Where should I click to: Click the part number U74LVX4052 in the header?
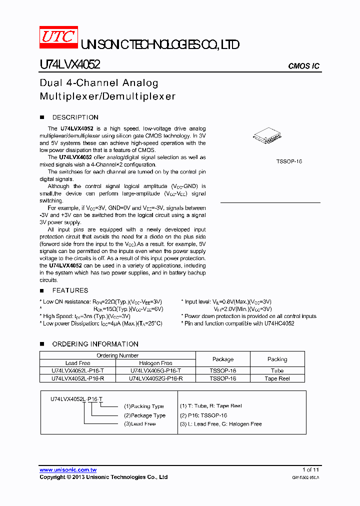tap(70, 64)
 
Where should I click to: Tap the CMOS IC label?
tap(303, 66)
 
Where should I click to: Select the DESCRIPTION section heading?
tap(75, 117)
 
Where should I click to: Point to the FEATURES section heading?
tap(70, 290)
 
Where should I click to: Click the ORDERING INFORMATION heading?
tap(95, 344)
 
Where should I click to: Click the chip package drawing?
tap(267, 136)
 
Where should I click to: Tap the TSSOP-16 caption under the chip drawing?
tap(289, 161)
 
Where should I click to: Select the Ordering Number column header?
tap(117, 355)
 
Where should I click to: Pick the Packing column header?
tap(277, 359)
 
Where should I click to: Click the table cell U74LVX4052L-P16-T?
tap(77, 371)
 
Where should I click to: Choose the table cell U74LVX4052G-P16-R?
tap(155, 378)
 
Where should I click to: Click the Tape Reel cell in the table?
tap(277, 378)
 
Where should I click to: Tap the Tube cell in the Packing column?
tap(277, 371)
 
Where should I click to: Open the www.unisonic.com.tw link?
tap(68, 470)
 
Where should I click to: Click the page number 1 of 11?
tap(310, 470)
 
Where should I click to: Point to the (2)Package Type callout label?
tap(144, 415)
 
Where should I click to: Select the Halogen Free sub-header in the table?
tap(155, 363)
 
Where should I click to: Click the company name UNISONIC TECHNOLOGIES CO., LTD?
tap(160, 45)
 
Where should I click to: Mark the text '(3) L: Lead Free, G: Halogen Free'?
tap(220, 424)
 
